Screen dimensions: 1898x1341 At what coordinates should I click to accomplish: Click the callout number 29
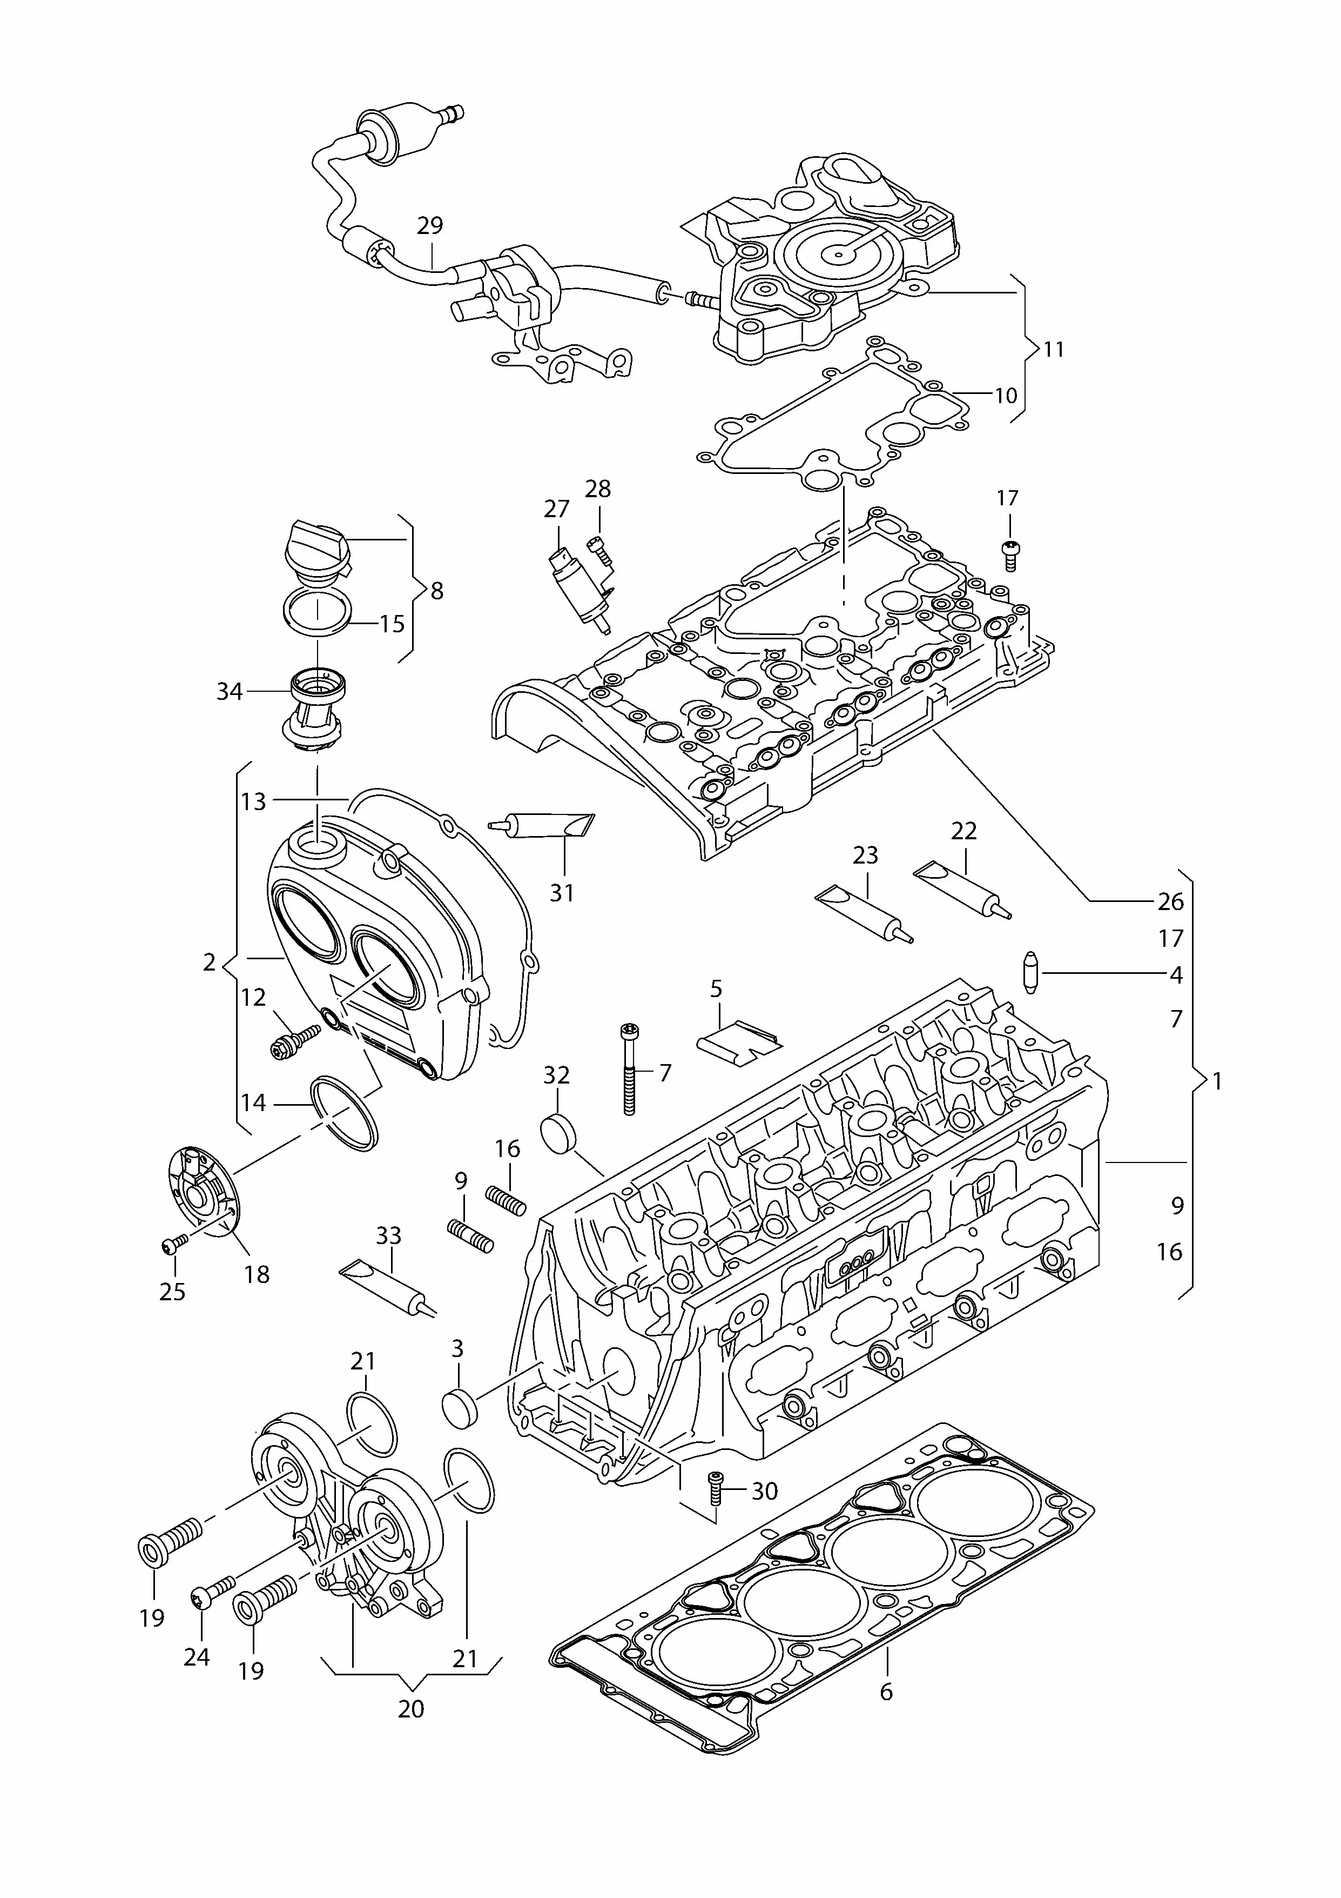click(x=430, y=226)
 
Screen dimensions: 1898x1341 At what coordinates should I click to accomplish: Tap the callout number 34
click(x=229, y=691)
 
